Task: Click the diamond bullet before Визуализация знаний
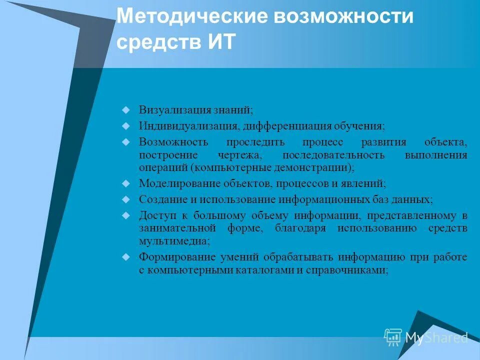point(126,108)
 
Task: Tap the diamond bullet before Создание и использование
point(126,198)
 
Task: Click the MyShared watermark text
point(436,337)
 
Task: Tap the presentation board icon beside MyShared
point(393,337)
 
